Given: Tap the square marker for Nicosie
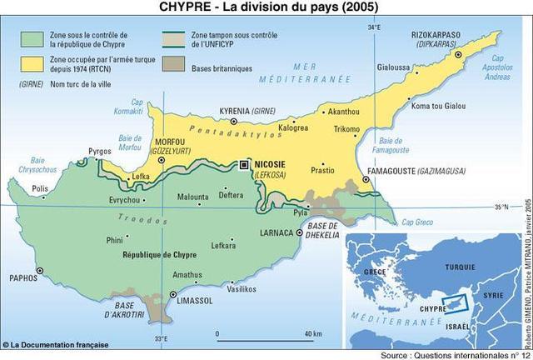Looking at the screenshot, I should [x=245, y=165].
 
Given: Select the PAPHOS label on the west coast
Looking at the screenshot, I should [x=25, y=279].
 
